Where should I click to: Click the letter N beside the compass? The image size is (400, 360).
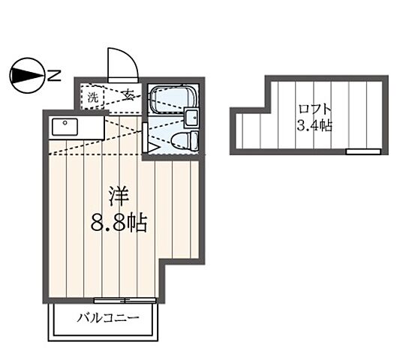point(55,74)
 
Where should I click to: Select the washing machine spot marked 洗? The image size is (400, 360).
point(93,97)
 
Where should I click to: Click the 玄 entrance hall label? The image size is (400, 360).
point(129,96)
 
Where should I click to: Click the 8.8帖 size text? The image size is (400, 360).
point(119,223)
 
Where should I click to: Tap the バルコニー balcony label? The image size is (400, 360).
point(108,318)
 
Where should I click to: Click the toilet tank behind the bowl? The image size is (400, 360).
point(194,140)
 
